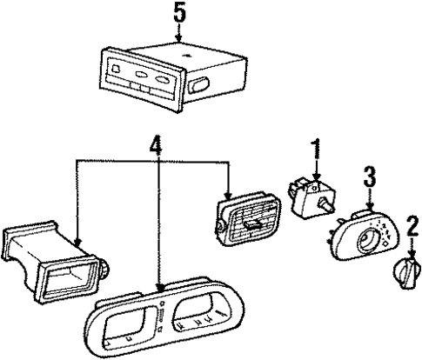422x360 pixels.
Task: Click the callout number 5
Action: (179, 13)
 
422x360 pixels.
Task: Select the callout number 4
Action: (156, 143)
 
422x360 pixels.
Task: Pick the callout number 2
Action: (411, 223)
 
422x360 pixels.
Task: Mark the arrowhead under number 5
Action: (179, 39)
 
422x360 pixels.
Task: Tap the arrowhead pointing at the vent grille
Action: (228, 197)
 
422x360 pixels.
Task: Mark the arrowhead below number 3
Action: (369, 208)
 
